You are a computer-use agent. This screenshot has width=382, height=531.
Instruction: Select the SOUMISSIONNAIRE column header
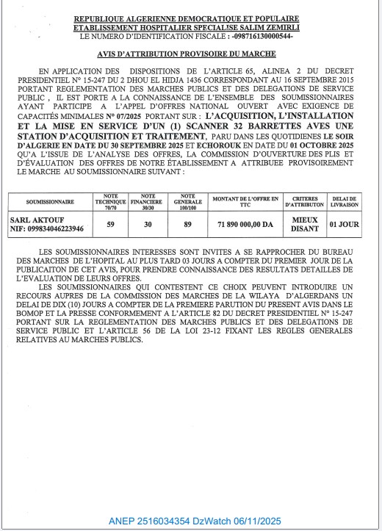point(50,201)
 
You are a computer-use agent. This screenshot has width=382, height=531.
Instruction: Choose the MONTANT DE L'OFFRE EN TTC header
point(246,201)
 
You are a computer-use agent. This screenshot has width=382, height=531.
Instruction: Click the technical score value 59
point(111,224)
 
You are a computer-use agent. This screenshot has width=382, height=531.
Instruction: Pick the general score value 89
point(188,224)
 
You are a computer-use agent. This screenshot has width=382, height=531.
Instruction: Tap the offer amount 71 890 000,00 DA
point(246,224)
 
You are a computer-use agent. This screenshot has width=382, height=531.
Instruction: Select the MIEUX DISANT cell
point(304,224)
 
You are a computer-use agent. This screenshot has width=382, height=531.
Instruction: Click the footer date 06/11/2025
point(256,521)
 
